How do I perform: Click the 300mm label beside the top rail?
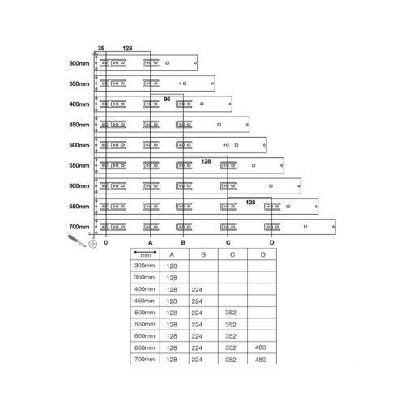click(79, 63)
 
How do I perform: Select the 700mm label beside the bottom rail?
click(79, 227)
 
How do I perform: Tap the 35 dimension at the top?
click(101, 49)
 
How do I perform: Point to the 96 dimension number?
click(167, 100)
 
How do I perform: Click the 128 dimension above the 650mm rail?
click(250, 202)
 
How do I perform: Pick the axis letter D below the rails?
click(271, 242)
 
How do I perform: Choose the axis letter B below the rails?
click(183, 242)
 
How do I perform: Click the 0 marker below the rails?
click(106, 242)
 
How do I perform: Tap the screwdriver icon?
click(77, 241)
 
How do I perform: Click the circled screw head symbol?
click(93, 244)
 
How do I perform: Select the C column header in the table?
click(232, 254)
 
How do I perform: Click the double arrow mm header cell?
click(145, 254)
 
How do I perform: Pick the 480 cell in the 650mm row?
click(261, 347)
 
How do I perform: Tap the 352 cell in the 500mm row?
click(231, 313)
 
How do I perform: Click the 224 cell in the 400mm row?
click(197, 290)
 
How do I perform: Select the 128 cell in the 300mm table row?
click(172, 266)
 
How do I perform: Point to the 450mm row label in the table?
click(144, 301)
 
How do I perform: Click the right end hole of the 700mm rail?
click(333, 227)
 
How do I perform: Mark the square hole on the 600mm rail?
click(271, 185)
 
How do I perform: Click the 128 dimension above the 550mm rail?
click(206, 161)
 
